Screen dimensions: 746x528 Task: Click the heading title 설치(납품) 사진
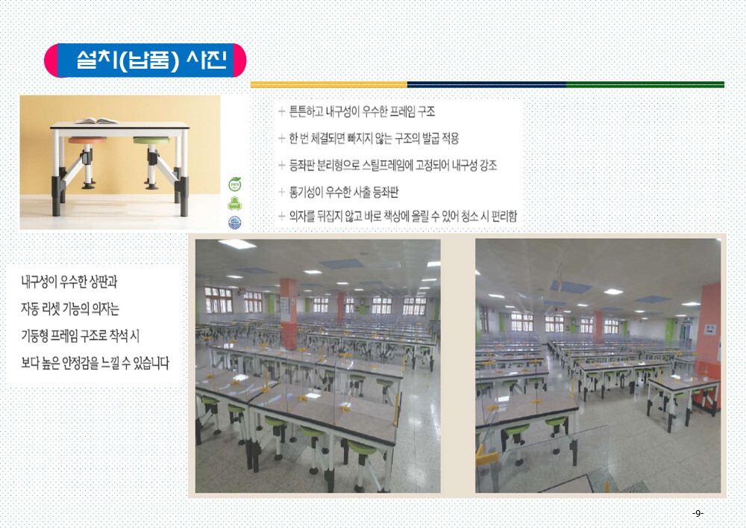point(151,60)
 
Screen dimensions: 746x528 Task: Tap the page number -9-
point(698,513)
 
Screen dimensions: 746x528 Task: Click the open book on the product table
point(96,121)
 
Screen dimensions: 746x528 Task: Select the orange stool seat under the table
point(87,140)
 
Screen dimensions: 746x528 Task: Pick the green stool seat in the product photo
point(151,140)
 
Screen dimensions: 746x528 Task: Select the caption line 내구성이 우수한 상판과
point(69,282)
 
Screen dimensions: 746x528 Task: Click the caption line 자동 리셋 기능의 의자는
point(70,309)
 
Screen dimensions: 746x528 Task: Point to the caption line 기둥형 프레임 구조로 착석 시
point(80,336)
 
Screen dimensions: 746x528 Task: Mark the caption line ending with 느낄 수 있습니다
point(95,363)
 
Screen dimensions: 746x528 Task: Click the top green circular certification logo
point(234,184)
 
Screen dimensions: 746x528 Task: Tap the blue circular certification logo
point(234,223)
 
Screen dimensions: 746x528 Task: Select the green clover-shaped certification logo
point(234,203)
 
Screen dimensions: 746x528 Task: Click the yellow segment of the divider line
point(329,84)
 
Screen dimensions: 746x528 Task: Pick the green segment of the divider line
point(645,84)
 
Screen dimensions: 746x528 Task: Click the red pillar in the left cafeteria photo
point(288,307)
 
